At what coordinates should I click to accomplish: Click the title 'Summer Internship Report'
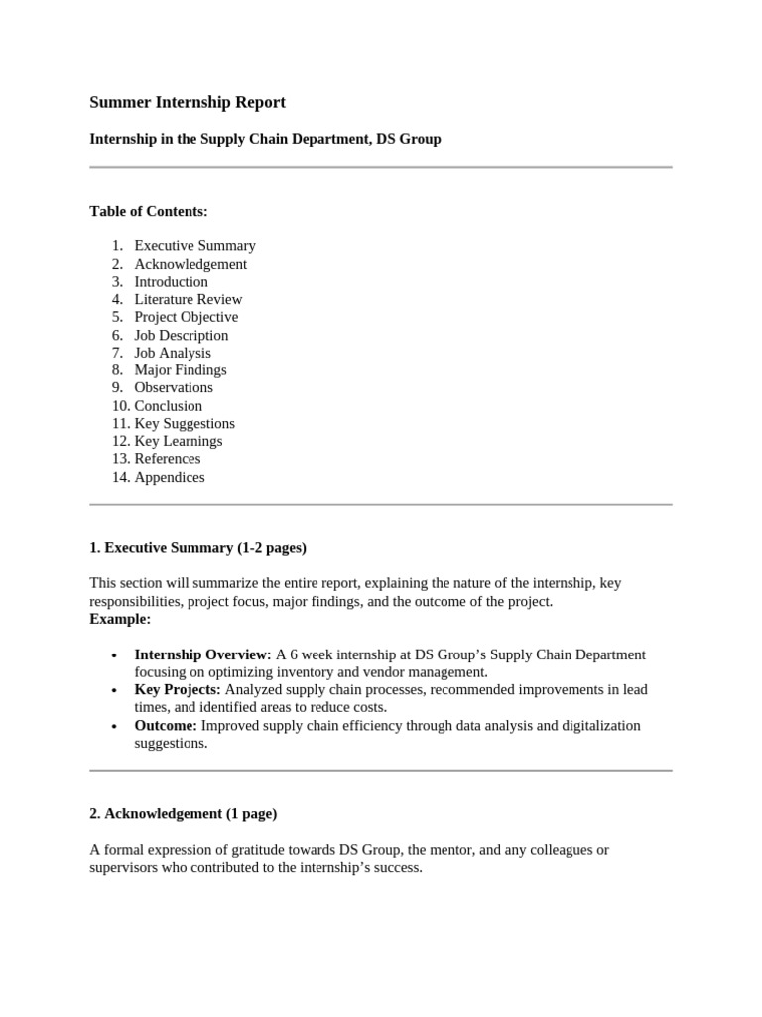(x=188, y=102)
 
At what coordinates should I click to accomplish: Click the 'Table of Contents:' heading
(x=149, y=211)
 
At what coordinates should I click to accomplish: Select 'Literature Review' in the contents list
(x=189, y=299)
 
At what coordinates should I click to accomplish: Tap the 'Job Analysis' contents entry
(x=173, y=353)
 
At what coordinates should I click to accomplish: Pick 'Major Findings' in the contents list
(x=181, y=370)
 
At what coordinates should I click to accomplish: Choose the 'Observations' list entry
(x=174, y=387)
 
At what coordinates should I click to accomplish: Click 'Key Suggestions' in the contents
(x=185, y=423)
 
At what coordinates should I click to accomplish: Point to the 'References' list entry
(x=168, y=459)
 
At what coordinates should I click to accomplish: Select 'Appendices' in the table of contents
(x=170, y=477)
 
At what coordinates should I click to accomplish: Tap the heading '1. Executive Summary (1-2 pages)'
(x=197, y=547)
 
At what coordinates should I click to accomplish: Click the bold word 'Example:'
(x=120, y=619)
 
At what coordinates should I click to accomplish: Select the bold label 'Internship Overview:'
(x=202, y=654)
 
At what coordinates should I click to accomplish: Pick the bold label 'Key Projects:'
(x=178, y=690)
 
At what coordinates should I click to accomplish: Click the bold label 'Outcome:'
(x=166, y=726)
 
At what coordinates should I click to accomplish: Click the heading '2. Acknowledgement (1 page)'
(x=183, y=813)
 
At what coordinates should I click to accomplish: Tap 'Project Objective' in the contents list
(x=187, y=317)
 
